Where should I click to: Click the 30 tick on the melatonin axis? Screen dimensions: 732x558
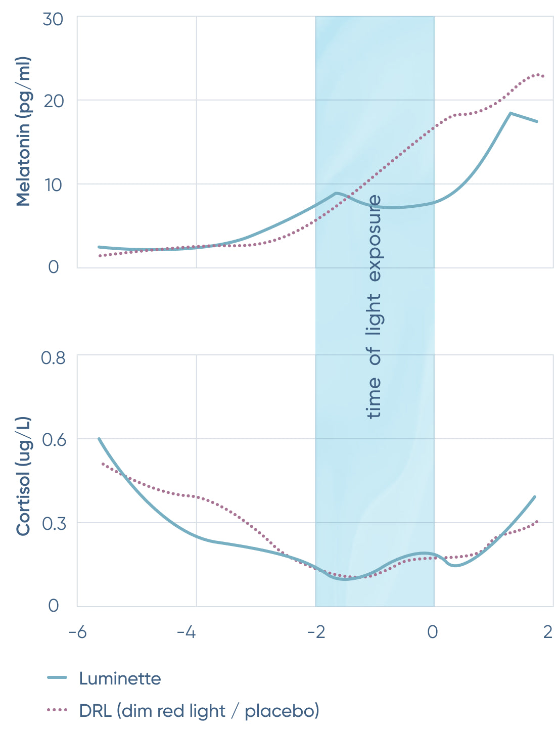(53, 19)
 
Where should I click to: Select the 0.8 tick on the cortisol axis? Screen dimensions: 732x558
(53, 358)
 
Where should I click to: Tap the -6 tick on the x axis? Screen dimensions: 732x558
(77, 632)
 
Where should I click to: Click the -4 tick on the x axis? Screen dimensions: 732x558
(187, 632)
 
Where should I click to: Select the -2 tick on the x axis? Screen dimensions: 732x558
(316, 632)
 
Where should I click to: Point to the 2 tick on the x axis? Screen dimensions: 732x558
(547, 632)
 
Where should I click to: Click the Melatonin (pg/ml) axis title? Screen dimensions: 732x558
(23, 131)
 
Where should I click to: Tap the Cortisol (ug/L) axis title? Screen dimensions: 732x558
(23, 476)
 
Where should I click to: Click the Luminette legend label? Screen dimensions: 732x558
(120, 678)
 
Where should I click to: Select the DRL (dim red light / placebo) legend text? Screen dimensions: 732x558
(199, 711)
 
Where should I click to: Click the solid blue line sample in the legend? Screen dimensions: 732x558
(57, 678)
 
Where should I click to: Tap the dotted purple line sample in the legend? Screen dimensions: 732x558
(57, 710)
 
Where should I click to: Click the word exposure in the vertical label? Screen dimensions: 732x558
(375, 238)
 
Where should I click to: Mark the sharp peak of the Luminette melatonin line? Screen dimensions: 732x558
(510, 113)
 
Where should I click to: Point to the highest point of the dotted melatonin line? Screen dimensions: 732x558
(538, 74)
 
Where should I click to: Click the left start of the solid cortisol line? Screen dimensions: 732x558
(99, 439)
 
